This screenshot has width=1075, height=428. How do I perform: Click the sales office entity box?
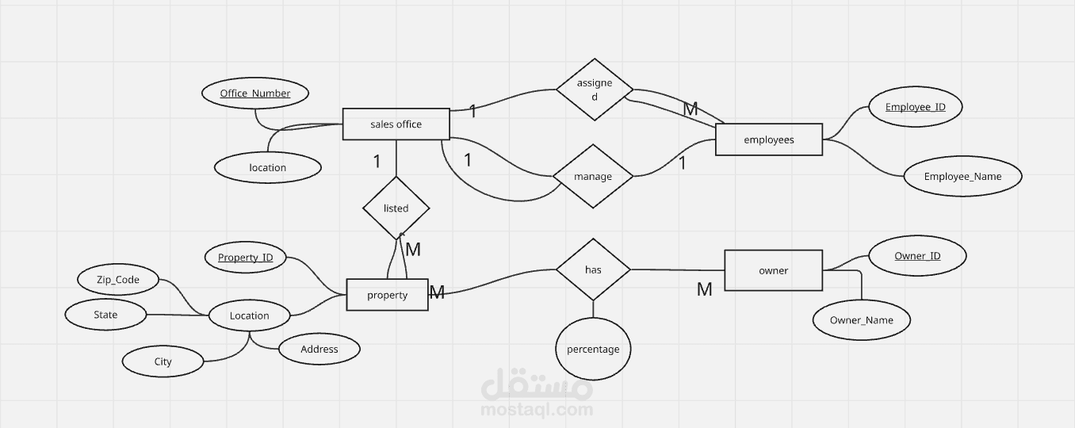pos(396,124)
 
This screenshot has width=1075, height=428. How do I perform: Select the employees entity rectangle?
pos(768,139)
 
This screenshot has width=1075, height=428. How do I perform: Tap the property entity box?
pos(387,295)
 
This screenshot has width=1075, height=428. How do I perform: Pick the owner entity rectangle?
pos(773,270)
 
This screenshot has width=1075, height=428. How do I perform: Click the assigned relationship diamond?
pos(595,90)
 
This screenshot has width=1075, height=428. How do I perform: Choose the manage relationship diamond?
pos(593,177)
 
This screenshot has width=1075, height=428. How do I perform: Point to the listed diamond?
pos(396,208)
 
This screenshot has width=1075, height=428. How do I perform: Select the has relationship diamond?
pos(593,269)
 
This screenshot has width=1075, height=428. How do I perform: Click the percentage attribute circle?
pos(593,349)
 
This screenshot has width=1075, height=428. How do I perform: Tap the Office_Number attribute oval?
pos(255,94)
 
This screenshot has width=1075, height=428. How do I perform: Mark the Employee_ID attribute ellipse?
pos(915,107)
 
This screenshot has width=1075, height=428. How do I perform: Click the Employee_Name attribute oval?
pos(962,177)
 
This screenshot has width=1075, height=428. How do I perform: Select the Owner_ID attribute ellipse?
pos(917,256)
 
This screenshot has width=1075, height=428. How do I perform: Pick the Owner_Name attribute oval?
pos(861,320)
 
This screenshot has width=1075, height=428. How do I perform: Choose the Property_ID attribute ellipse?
pos(245,258)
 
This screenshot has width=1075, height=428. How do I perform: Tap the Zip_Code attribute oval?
pos(118,280)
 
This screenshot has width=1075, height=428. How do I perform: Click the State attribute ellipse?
pos(105,315)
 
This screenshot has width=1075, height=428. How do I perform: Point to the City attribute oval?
pos(163,361)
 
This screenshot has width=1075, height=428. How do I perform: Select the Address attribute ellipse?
pos(319,349)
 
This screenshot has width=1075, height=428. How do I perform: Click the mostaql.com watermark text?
pos(537,410)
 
